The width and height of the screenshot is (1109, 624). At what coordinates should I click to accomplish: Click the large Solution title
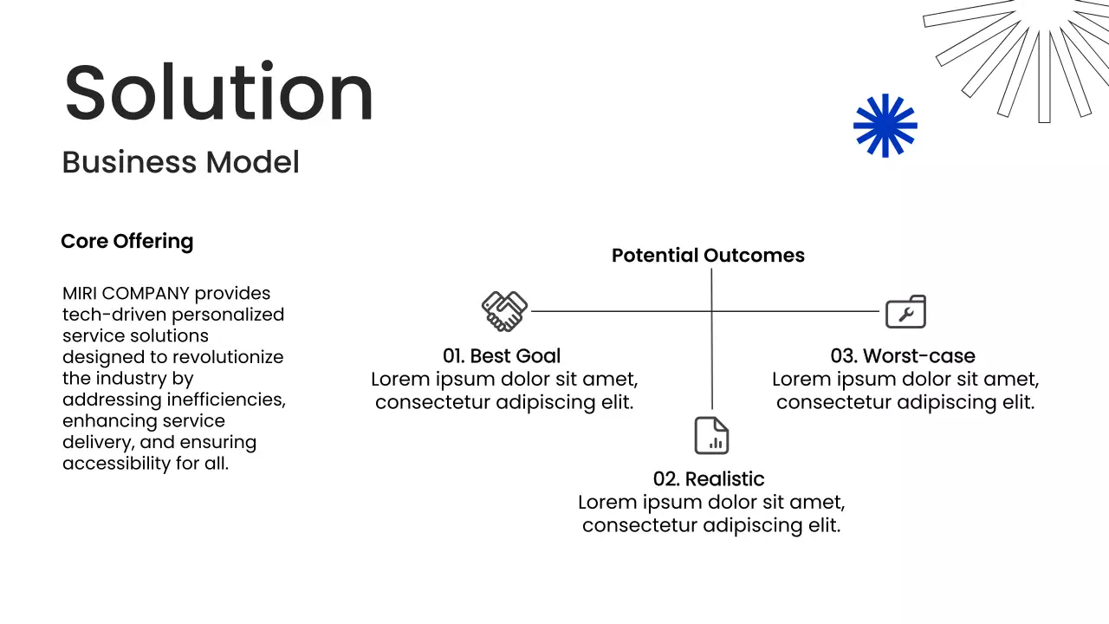[218, 92]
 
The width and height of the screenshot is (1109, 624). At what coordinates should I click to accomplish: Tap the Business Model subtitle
[181, 162]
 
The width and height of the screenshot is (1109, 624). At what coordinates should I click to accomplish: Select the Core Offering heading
[127, 241]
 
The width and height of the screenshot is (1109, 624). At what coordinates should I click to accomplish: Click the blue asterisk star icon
[885, 126]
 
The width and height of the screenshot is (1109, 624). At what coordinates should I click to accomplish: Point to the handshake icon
[504, 311]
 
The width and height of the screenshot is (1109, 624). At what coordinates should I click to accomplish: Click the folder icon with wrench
[905, 312]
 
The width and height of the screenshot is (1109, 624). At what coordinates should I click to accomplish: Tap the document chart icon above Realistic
[711, 436]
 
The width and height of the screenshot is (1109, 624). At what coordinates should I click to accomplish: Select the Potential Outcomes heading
[708, 256]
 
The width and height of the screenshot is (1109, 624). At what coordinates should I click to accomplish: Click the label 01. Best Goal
[502, 356]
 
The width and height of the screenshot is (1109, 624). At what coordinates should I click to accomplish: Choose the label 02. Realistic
[709, 479]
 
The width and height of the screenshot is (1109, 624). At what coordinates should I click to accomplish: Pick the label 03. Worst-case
[903, 356]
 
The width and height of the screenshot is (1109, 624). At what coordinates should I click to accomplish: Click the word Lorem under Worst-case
[801, 380]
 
